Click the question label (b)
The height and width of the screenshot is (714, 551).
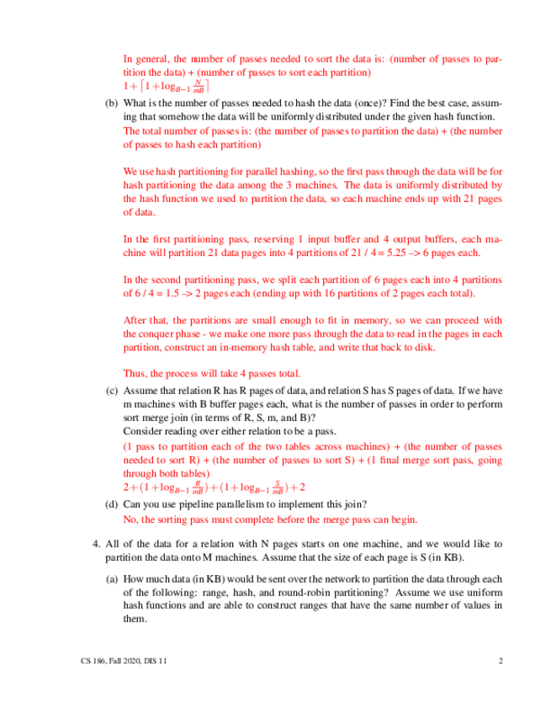point(111,103)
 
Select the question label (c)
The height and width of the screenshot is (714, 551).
point(111,391)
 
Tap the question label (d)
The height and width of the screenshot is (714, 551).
point(111,504)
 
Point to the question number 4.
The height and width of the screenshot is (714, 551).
point(95,543)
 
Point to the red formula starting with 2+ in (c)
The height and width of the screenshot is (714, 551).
point(215,487)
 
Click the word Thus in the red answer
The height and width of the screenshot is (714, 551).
point(135,373)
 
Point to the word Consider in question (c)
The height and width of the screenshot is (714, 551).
point(145,429)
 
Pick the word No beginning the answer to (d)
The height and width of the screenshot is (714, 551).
point(130,519)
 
